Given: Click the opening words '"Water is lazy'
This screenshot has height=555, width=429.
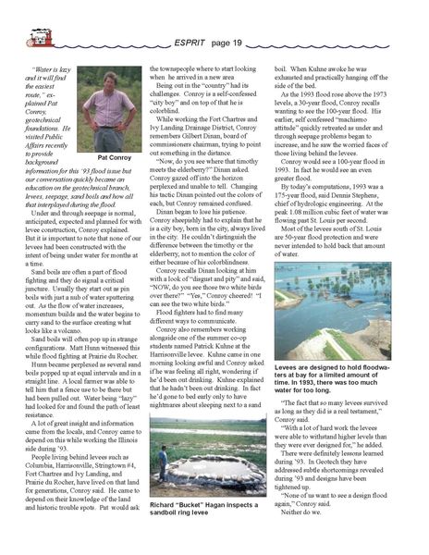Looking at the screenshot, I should pos(55,70).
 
